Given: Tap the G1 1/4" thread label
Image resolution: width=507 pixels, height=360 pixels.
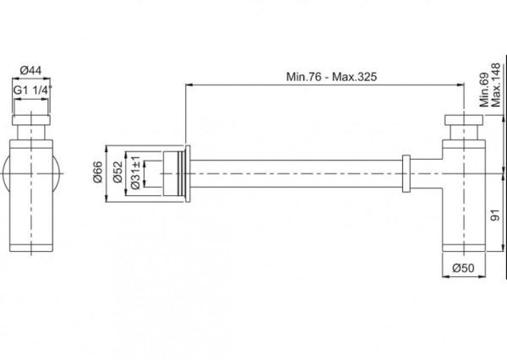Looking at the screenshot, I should tap(33, 87).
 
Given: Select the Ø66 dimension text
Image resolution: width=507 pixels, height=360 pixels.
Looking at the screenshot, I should tap(99, 173).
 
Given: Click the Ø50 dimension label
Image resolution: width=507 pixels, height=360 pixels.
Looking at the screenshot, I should tap(464, 268).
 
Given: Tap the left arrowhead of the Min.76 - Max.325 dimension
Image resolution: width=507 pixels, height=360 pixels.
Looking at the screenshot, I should tap(188, 84).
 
